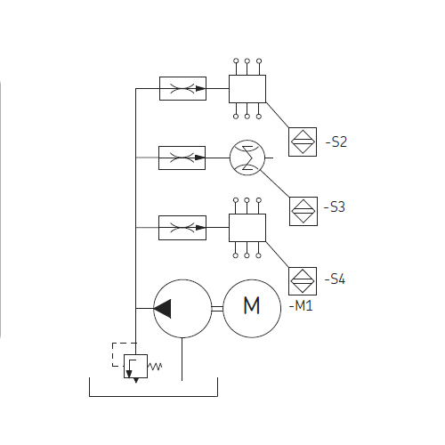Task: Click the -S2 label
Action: pos(336,142)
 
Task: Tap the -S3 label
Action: pos(335,207)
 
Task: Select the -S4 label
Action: pos(335,279)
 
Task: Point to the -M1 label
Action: pos(301,305)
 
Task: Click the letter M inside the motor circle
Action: pos(252,305)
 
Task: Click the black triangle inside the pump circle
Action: pos(162,309)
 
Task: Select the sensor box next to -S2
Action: pos(303,142)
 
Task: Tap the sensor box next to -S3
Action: pos(303,211)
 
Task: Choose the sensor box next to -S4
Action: pos(303,281)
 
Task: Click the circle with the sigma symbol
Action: pos(247,158)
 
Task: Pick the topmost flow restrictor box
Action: pos(182,88)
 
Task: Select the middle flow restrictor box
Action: pos(182,158)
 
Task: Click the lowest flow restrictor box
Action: pos(182,228)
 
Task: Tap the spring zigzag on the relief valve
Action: pos(155,367)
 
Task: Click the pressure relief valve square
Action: pos(135,366)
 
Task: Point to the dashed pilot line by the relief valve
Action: pos(113,354)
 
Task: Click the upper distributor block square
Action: pos(247,89)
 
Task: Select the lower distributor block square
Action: pos(247,228)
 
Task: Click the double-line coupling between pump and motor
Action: pos(217,309)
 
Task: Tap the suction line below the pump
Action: pos(182,359)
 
